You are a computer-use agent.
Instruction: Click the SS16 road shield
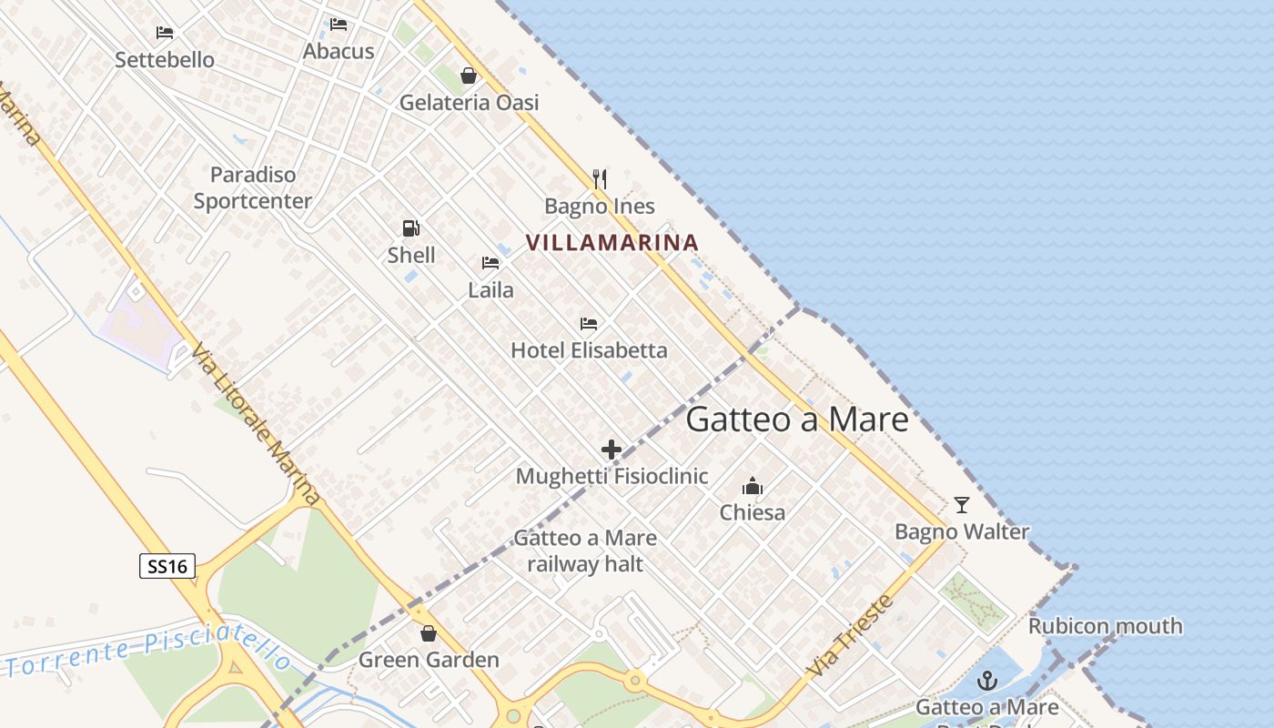click(x=167, y=566)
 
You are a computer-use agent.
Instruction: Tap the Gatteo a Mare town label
click(x=797, y=420)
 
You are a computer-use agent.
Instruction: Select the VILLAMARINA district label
click(x=612, y=243)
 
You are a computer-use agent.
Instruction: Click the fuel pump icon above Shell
click(x=411, y=228)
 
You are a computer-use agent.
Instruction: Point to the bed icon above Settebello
click(x=165, y=33)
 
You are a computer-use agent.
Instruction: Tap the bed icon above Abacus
click(x=339, y=24)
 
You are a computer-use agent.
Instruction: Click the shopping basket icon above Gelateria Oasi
click(x=469, y=76)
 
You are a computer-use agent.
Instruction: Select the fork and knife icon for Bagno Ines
click(x=599, y=178)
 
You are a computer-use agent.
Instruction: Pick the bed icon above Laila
click(x=490, y=264)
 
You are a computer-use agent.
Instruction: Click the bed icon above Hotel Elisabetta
click(x=589, y=324)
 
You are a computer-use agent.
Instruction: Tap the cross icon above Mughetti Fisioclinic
click(x=612, y=450)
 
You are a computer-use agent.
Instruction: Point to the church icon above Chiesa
click(x=753, y=486)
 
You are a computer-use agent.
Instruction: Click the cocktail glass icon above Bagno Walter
click(x=962, y=505)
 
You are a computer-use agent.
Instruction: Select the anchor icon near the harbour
click(x=987, y=681)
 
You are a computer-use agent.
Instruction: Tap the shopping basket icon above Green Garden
click(x=429, y=633)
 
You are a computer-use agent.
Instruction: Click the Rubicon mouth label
click(x=1105, y=626)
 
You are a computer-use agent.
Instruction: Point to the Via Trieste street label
click(x=850, y=635)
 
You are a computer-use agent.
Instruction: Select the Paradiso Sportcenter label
click(x=253, y=187)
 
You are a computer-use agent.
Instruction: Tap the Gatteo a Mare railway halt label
click(x=585, y=551)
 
